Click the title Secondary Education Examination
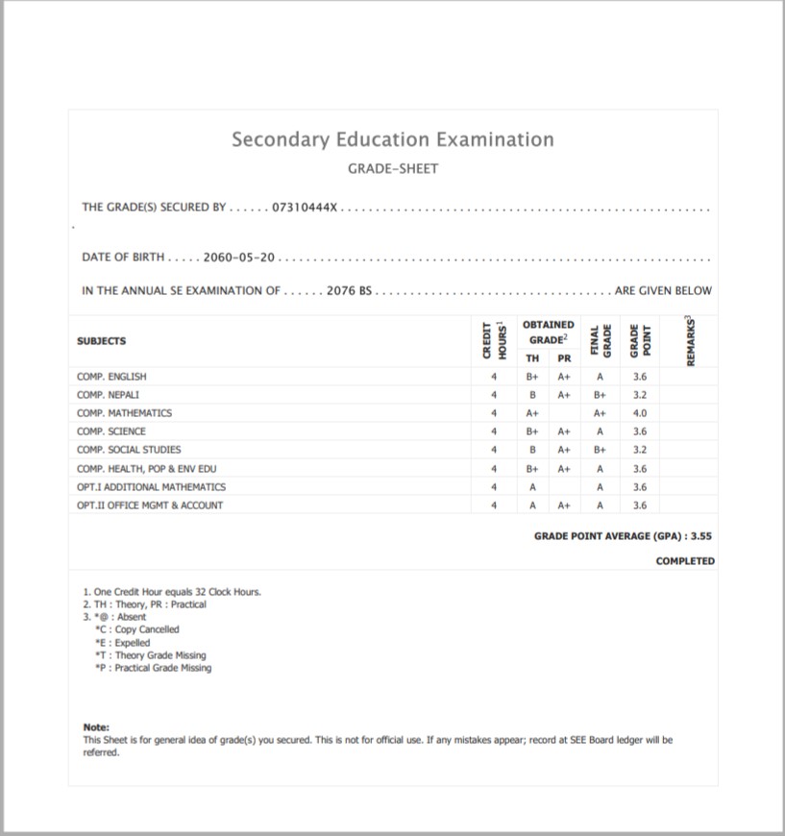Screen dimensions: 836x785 tap(392, 139)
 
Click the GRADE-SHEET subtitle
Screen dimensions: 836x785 tap(392, 168)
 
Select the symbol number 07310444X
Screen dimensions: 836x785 tap(306, 207)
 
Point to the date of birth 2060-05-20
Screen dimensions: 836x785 tap(239, 258)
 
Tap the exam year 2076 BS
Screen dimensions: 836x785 tap(348, 290)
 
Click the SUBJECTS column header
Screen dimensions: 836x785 tap(101, 341)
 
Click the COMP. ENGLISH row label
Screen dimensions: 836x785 tap(111, 377)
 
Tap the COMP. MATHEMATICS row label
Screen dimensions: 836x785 tap(124, 413)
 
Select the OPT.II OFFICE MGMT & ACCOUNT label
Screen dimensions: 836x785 tap(150, 504)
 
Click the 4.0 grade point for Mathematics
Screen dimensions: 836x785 tap(640, 413)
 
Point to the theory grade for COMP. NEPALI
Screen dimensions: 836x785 tap(531, 395)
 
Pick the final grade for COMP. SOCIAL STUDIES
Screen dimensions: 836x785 tap(600, 450)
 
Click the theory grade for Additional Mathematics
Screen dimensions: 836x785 tap(531, 487)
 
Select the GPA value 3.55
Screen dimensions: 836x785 tap(707, 536)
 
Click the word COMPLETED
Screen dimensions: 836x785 tap(685, 561)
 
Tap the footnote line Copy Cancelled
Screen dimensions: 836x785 tap(146, 629)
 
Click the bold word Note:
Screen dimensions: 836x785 tap(96, 727)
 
